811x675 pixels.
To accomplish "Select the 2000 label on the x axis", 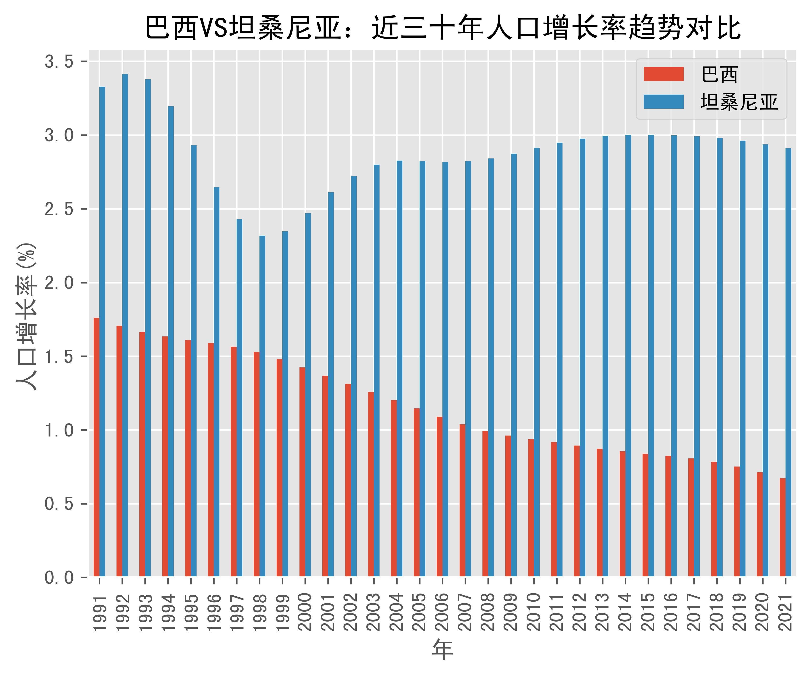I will (305, 612).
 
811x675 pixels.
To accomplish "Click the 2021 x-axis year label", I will (786, 612).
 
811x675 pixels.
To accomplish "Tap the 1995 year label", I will (191, 612).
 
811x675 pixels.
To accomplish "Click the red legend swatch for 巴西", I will (664, 74).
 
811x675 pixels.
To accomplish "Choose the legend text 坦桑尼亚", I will (739, 102).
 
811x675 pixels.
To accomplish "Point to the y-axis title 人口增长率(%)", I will (26, 317).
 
